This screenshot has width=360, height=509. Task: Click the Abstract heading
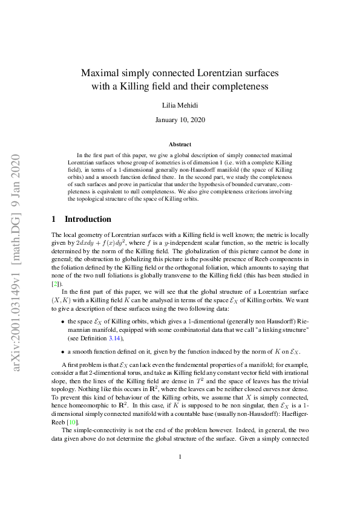tap(180, 144)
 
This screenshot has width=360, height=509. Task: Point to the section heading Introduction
tap(88, 219)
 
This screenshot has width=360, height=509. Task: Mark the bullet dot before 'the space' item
tap(62, 321)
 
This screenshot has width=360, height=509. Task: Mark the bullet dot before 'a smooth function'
tap(62, 351)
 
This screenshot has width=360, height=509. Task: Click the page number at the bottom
tap(180, 473)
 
